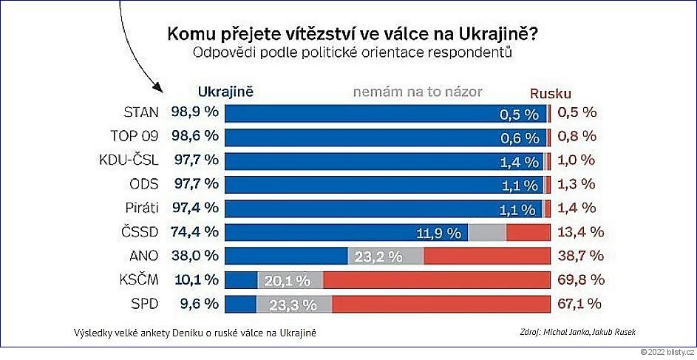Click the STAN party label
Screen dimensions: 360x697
142,113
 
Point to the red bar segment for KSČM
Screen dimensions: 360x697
437,279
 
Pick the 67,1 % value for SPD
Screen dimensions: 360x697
581,303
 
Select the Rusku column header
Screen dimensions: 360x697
551,93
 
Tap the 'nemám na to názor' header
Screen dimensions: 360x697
418,92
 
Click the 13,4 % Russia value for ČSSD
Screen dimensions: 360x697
581,232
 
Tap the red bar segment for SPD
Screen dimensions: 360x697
441,303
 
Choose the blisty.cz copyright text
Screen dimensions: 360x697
667,353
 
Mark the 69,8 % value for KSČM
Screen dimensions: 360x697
581,279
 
